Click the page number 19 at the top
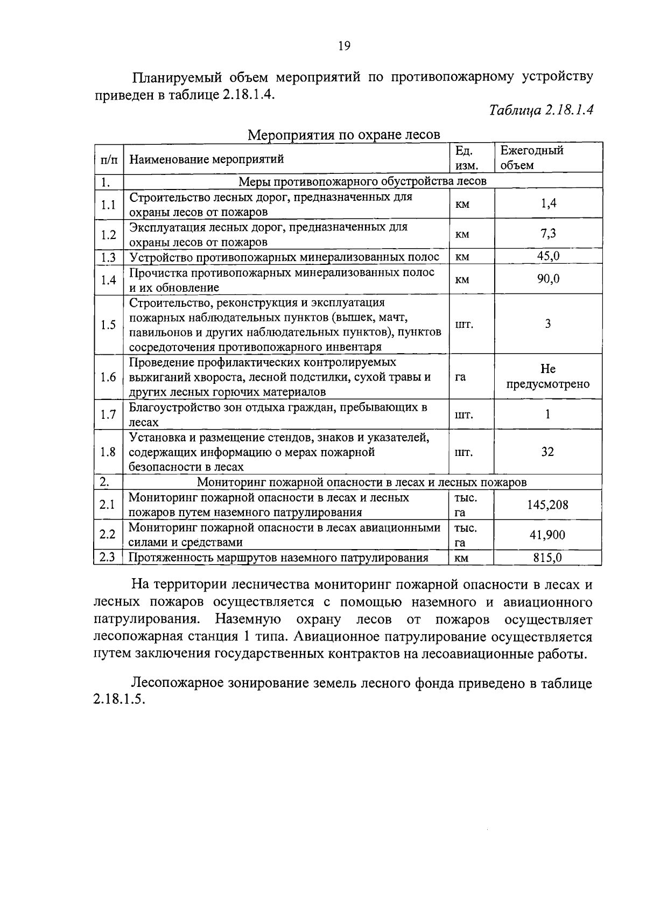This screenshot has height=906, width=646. tap(344, 46)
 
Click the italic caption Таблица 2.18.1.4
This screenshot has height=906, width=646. tap(541, 110)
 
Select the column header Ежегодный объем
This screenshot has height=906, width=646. tap(532, 158)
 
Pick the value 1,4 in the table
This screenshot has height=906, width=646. tap(548, 203)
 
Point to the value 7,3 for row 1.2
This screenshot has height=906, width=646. tap(548, 234)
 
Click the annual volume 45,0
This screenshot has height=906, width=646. tap(548, 256)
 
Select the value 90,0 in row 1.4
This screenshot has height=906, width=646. tap(548, 279)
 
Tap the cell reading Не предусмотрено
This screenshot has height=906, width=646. tap(548, 377)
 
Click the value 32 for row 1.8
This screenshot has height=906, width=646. tap(547, 452)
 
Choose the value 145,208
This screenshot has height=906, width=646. tap(547, 505)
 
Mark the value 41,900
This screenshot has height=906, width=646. tap(547, 535)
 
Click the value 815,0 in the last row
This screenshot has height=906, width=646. tap(547, 558)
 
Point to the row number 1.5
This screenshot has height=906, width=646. tap(108, 325)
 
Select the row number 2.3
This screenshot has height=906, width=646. tap(108, 558)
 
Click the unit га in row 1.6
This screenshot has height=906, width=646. tap(460, 377)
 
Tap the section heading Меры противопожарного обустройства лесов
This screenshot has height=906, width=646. tap(362, 181)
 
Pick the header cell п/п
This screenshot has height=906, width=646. tap(109, 159)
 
